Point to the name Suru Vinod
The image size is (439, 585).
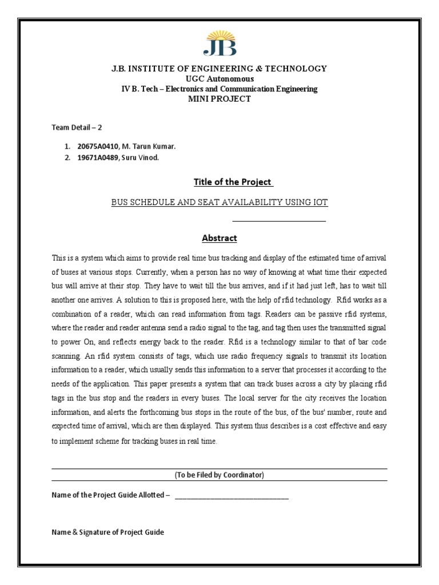click(x=138, y=158)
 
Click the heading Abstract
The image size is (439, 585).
click(x=219, y=238)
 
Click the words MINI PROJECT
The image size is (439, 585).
click(x=219, y=99)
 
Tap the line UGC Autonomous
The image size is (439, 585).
click(x=219, y=79)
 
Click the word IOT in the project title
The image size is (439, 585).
click(x=320, y=202)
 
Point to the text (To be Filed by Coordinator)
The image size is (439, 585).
click(x=219, y=475)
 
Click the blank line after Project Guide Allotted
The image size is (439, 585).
click(x=232, y=496)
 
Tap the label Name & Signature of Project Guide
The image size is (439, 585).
click(x=107, y=532)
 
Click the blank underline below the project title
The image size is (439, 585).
click(x=279, y=220)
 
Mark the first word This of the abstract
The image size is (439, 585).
click(x=59, y=258)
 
